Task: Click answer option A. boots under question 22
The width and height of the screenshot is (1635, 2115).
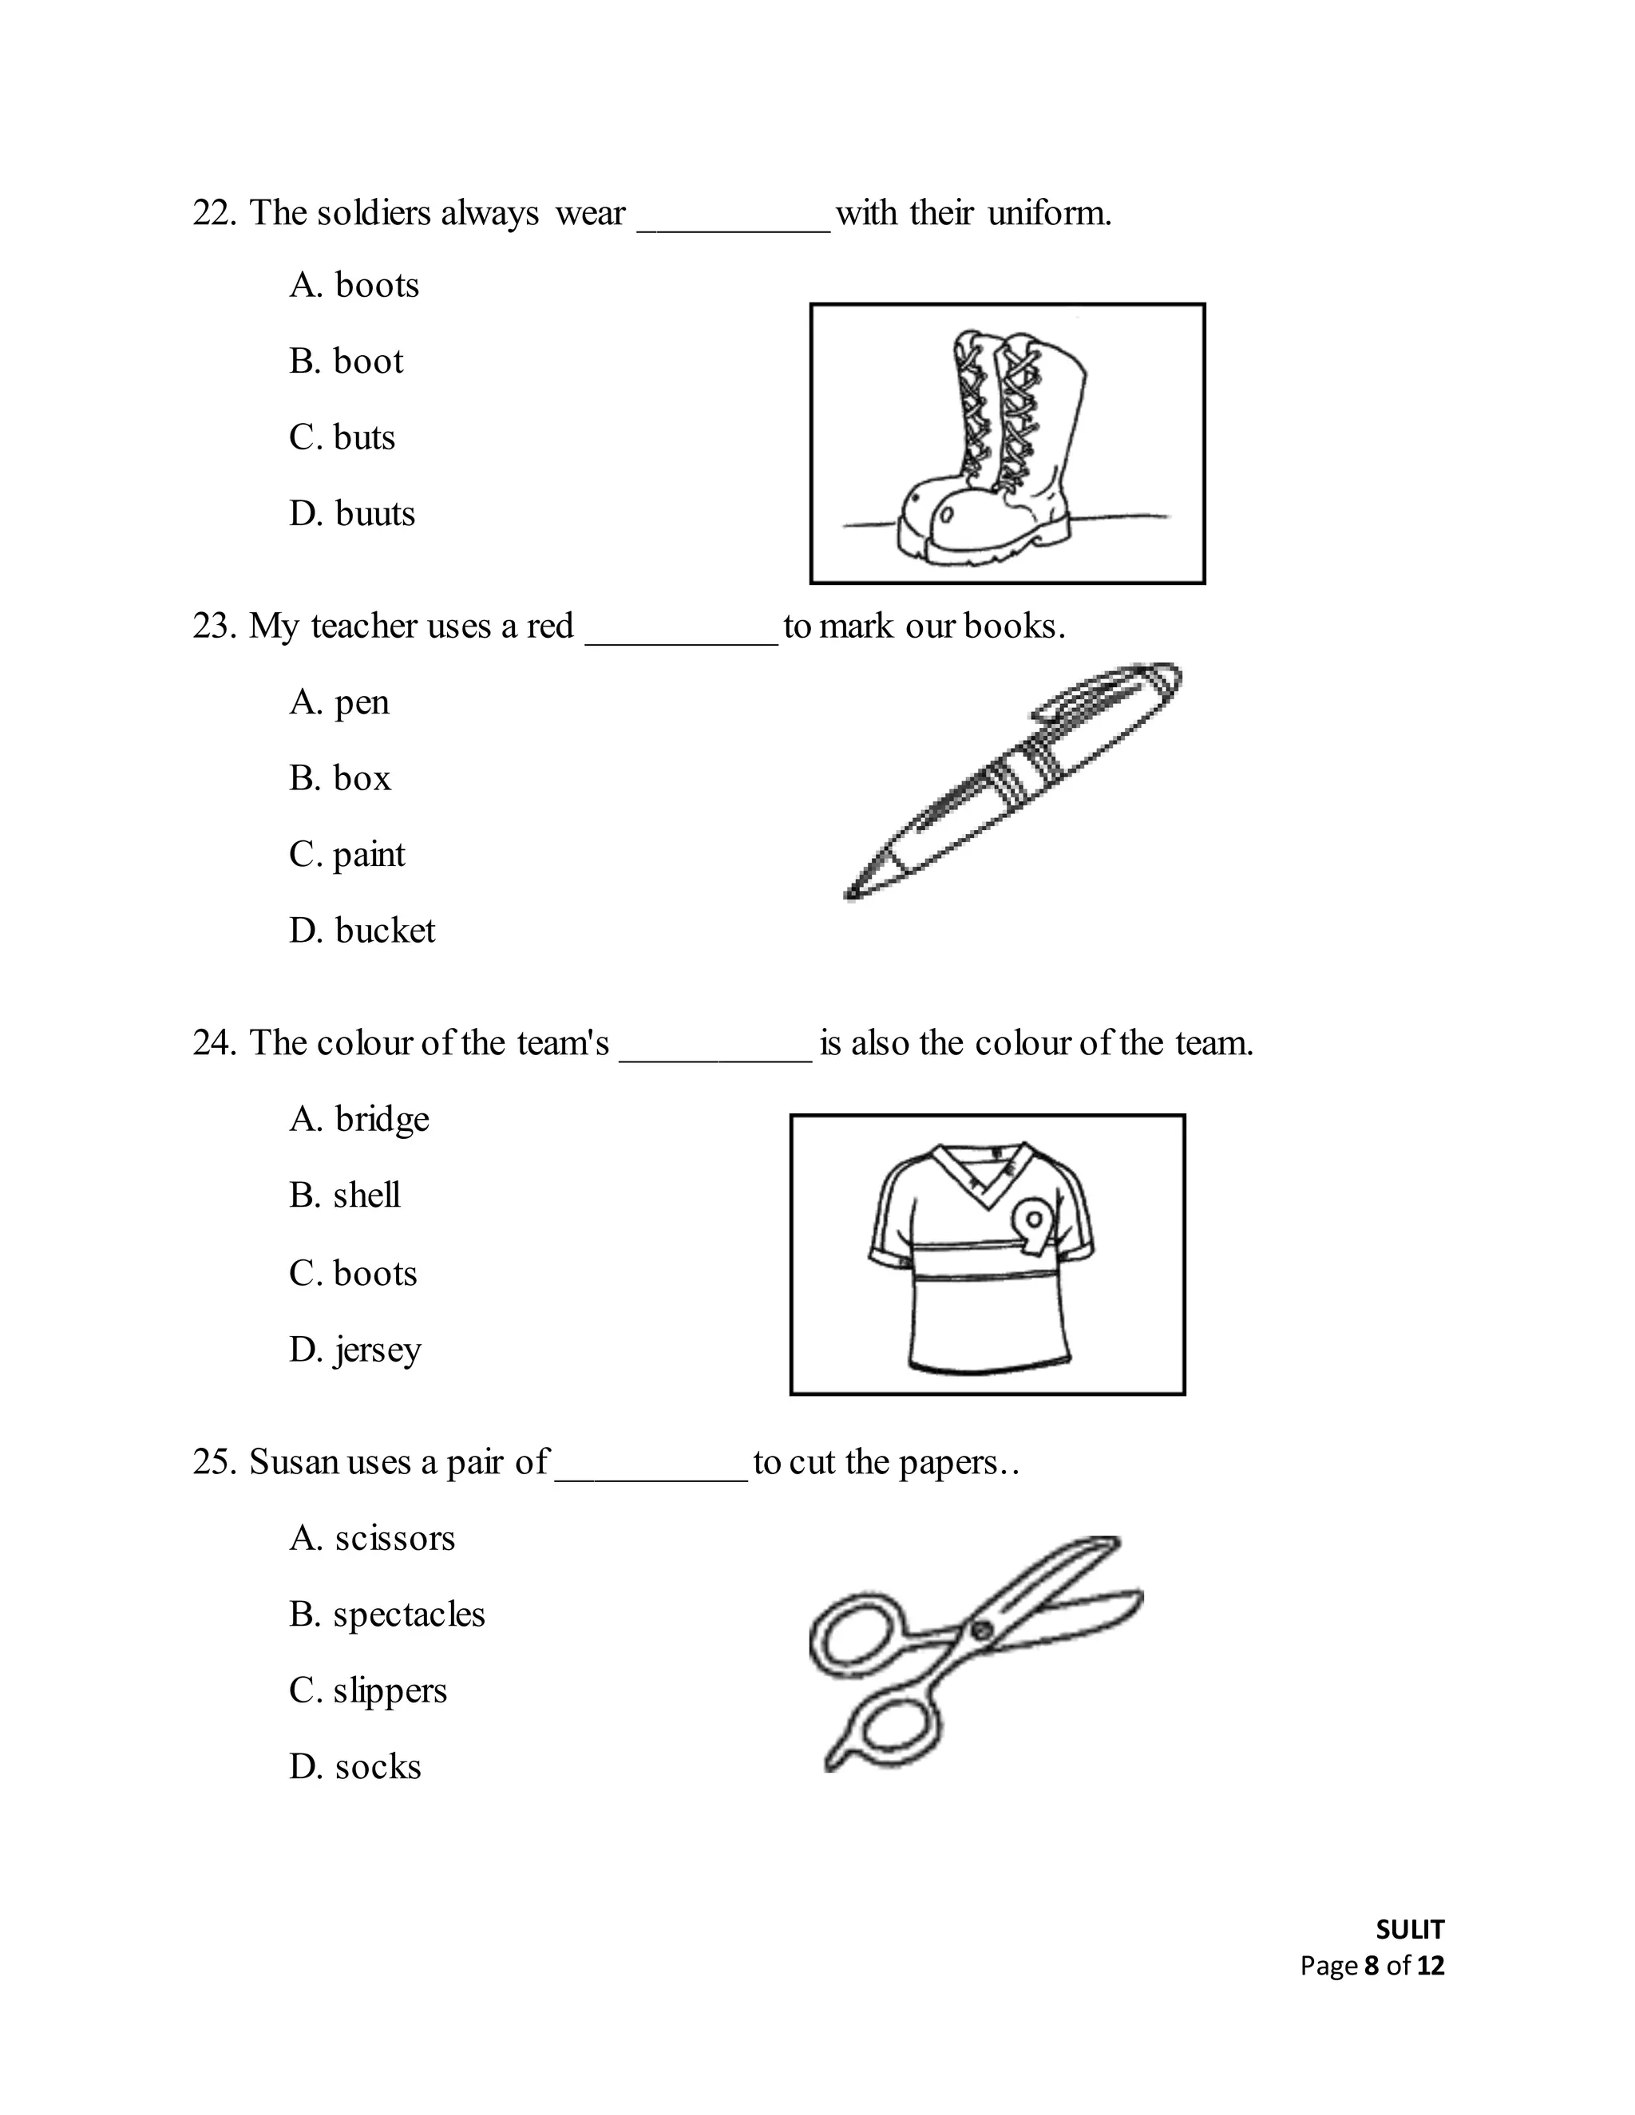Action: point(354,286)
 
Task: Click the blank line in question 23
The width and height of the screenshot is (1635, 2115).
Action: point(681,639)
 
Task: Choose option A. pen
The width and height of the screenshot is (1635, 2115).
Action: point(339,702)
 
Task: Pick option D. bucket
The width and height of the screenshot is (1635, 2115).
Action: point(362,931)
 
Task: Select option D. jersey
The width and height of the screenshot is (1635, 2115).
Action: point(354,1350)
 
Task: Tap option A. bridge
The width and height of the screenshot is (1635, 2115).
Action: point(358,1120)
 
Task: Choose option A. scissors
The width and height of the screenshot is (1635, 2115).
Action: point(371,1539)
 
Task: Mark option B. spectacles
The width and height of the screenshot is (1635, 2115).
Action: point(386,1615)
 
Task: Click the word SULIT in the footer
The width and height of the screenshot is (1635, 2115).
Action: point(1409,1930)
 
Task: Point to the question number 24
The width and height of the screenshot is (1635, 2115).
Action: point(213,1044)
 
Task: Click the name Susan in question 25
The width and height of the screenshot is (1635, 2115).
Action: point(294,1462)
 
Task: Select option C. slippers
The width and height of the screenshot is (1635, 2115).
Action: point(367,1691)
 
